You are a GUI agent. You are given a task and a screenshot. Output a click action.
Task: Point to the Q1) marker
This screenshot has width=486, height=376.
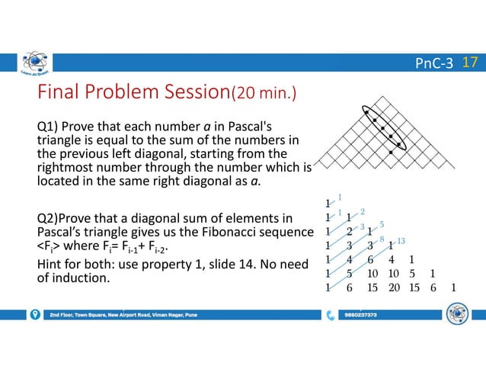[x=50, y=124]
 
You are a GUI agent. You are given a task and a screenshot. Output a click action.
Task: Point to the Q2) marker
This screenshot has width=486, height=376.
[x=50, y=220]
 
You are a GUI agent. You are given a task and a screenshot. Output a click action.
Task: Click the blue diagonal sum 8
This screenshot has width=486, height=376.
[x=382, y=239]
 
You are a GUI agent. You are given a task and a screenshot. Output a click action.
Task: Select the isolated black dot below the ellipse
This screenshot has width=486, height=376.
[x=391, y=153]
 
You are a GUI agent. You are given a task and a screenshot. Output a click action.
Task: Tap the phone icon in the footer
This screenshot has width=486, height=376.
[x=330, y=314]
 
